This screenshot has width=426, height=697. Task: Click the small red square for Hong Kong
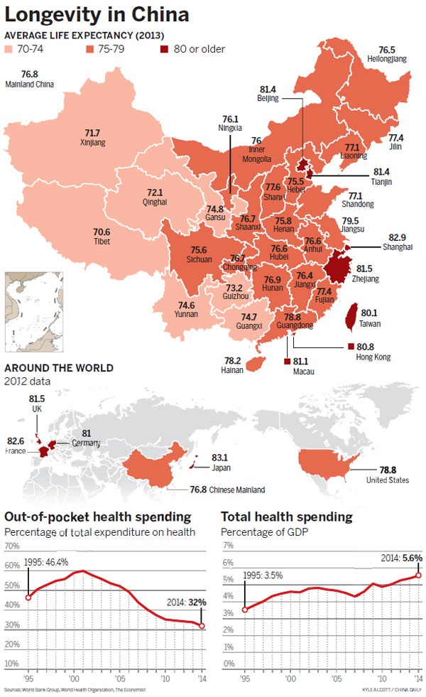[341, 347]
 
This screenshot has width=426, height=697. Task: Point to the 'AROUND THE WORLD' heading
[58, 368]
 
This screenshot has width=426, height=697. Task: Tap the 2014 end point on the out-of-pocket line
[203, 625]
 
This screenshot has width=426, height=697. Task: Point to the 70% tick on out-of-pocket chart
[11, 546]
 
